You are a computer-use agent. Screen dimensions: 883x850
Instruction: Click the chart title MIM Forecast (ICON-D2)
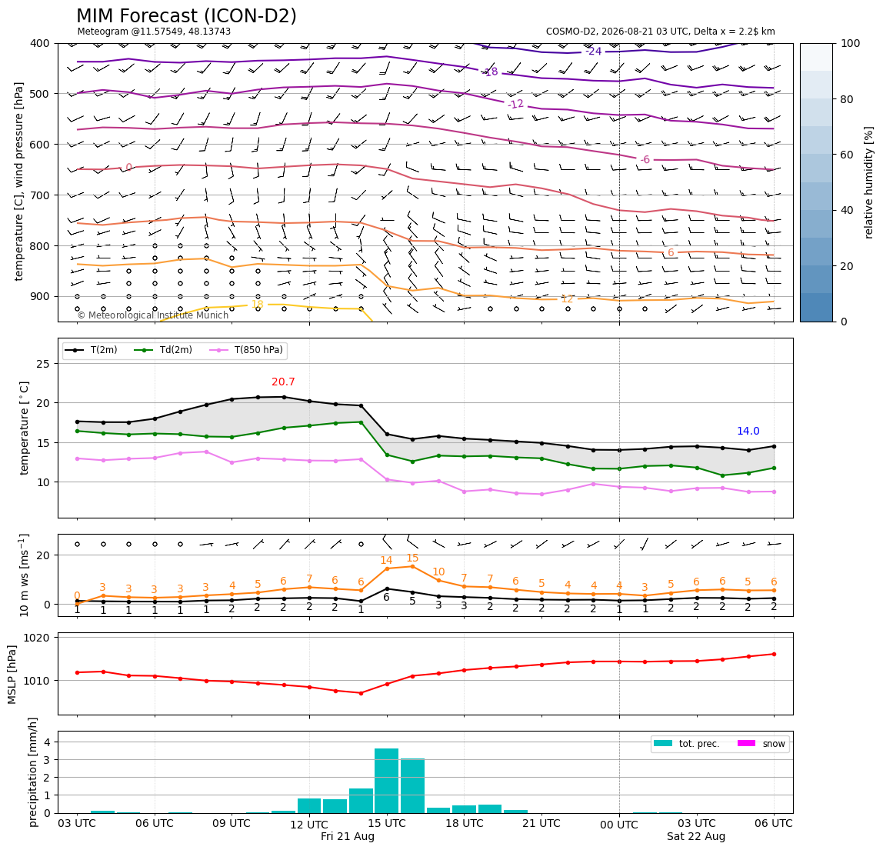click(x=186, y=16)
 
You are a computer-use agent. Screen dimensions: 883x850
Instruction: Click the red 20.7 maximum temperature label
click(x=283, y=382)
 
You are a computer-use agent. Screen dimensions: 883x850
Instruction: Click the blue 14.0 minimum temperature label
click(x=748, y=431)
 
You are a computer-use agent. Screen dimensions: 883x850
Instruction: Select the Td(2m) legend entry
click(x=163, y=350)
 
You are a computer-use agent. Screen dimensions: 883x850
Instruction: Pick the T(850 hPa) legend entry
click(x=246, y=350)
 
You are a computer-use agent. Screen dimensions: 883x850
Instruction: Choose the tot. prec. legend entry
click(x=686, y=744)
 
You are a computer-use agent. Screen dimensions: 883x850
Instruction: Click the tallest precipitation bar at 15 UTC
click(x=386, y=781)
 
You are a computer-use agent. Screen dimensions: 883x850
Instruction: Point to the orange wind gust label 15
click(x=412, y=558)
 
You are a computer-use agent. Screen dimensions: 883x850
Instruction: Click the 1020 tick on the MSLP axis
click(x=39, y=638)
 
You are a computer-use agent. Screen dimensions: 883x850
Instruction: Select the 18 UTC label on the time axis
click(x=464, y=823)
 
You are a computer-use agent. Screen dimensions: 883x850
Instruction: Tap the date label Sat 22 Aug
click(x=696, y=836)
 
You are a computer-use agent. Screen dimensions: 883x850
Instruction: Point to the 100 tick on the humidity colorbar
click(x=851, y=43)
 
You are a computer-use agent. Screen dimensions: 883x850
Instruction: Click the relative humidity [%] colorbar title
click(x=868, y=182)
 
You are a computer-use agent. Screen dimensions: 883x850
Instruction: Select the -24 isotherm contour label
click(x=594, y=52)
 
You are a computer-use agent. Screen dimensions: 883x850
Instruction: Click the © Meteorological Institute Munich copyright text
click(x=153, y=315)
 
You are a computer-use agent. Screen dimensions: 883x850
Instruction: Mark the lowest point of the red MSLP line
click(x=361, y=693)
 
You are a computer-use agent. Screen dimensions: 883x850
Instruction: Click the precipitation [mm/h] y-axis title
click(x=33, y=772)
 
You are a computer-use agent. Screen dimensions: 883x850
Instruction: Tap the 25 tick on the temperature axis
click(x=43, y=364)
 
